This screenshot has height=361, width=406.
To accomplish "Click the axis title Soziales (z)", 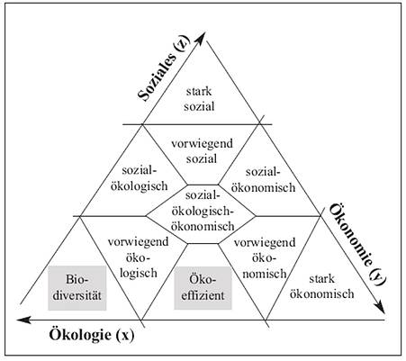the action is [164, 68].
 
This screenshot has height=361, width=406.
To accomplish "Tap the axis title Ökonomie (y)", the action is [358, 245].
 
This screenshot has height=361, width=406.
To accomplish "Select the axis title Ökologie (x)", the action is [92, 335].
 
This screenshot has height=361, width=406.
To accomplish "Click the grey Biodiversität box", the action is [77, 288].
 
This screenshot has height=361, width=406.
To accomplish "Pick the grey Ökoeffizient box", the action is [203, 288].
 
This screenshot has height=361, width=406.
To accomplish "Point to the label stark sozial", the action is [199, 99].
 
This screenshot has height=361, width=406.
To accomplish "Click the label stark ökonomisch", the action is [321, 286].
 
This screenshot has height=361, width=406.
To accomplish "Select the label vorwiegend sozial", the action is [202, 151].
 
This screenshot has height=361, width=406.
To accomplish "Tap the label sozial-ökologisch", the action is [140, 178].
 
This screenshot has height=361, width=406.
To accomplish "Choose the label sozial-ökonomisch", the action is [263, 180].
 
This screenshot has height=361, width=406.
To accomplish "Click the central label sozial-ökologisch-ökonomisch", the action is [203, 211].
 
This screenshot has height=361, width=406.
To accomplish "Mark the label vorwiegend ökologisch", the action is [139, 257].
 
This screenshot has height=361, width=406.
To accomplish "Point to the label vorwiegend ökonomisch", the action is [265, 258].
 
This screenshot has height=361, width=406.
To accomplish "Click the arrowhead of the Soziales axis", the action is [202, 36].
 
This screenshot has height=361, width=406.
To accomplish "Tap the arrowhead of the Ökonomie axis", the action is [381, 309].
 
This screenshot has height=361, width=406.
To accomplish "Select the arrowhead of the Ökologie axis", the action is [24, 320].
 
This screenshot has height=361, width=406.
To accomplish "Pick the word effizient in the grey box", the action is [203, 295].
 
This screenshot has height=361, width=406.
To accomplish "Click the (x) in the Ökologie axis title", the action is [124, 335].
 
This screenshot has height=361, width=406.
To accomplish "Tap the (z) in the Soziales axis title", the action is [183, 44].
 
